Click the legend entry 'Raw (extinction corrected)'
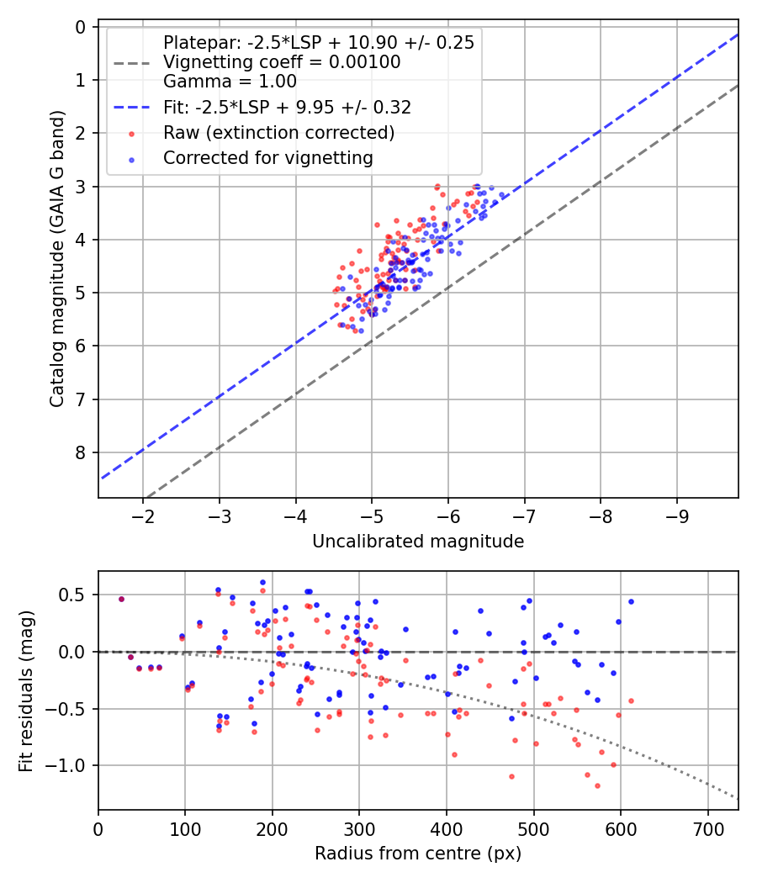[x=278, y=133]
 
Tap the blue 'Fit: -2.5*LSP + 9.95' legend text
[x=287, y=108]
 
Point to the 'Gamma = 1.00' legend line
[x=230, y=82]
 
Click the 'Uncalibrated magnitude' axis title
[x=418, y=542]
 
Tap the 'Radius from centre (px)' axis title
[x=418, y=854]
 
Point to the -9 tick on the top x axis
[x=678, y=513]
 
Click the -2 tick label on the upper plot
[x=143, y=513]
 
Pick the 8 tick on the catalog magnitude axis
[x=81, y=452]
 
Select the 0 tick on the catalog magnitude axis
[x=81, y=27]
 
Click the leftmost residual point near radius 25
[x=121, y=599]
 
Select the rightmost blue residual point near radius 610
[x=631, y=601]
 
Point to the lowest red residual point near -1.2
[x=597, y=785]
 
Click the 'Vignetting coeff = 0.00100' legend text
[x=282, y=62]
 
